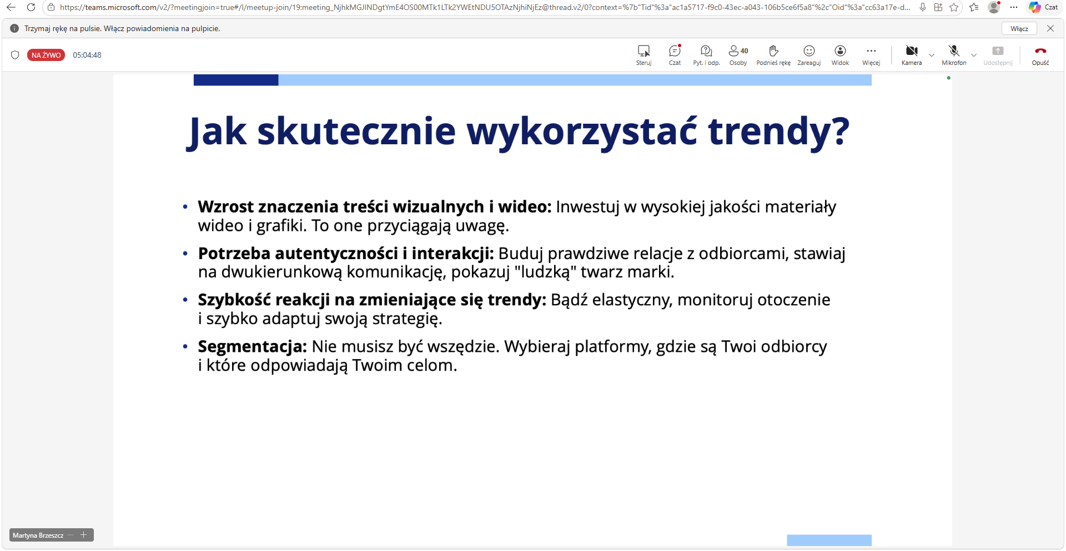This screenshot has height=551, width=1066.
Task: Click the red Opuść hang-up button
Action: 1040,51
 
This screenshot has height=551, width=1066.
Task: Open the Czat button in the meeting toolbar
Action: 675,51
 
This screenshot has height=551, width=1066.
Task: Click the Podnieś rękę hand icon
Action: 773,51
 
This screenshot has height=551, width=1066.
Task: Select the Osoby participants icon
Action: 734,51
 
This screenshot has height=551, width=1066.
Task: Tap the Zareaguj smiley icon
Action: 809,51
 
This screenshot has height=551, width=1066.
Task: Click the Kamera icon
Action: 912,51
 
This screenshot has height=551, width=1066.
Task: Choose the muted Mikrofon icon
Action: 954,51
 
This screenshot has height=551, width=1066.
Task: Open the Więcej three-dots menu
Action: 871,51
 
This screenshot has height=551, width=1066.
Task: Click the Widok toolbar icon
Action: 840,51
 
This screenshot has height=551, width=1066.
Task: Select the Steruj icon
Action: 644,51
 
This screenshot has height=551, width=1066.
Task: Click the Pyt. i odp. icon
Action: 706,51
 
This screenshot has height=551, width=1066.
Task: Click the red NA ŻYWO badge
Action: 46,55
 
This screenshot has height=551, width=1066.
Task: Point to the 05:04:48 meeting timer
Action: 87,55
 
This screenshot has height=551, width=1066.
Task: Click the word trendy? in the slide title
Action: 778,132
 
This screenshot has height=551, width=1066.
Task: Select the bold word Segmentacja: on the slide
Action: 253,347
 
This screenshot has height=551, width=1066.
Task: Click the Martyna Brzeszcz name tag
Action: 38,535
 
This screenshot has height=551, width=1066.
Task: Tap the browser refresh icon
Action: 31,7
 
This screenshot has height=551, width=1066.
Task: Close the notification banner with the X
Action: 1050,28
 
